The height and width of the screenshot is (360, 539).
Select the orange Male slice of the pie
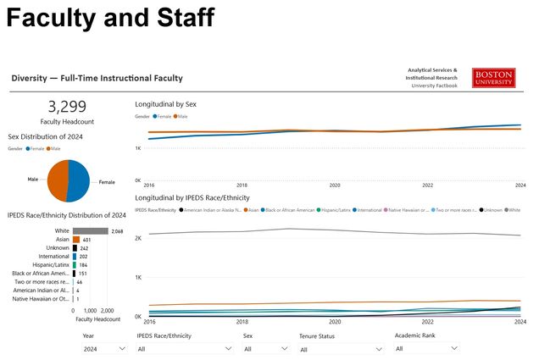(58, 180)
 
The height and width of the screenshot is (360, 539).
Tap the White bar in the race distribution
(91, 230)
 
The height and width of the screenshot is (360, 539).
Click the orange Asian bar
(76, 240)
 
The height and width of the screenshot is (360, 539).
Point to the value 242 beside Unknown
(85, 248)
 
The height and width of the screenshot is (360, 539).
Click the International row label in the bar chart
(54, 257)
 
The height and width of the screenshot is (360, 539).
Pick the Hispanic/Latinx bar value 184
(84, 265)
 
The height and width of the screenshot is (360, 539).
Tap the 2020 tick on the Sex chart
(335, 185)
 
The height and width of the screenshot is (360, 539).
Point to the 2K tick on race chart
(138, 238)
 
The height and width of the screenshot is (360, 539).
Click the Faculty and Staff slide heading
(110, 18)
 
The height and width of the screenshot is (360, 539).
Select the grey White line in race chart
(288, 230)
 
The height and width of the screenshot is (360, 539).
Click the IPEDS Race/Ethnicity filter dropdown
(184, 348)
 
